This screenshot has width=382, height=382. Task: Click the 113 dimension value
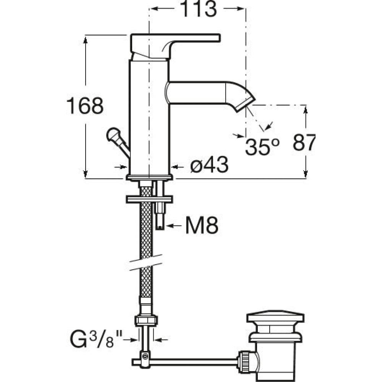(198, 9)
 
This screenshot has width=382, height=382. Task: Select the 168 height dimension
(85, 106)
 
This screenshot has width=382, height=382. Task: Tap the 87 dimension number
(304, 142)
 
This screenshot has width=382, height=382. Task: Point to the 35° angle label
(262, 147)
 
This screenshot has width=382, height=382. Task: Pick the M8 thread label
(202, 225)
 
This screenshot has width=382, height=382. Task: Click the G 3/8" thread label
(96, 339)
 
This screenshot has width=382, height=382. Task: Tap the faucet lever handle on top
(175, 46)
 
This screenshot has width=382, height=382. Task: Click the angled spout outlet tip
(246, 104)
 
